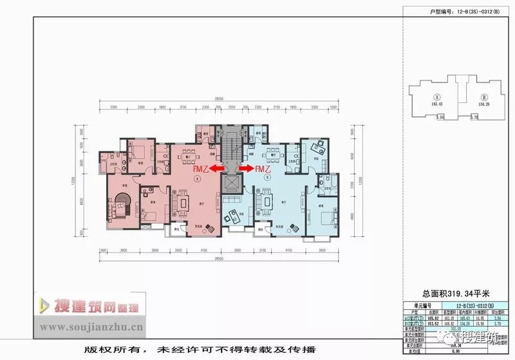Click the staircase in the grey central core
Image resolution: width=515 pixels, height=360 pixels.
tap(231, 145)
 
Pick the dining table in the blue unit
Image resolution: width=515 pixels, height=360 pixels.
tap(274, 155)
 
